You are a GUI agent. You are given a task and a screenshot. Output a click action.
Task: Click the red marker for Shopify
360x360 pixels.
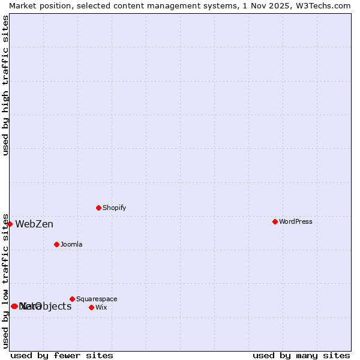[x=98, y=208]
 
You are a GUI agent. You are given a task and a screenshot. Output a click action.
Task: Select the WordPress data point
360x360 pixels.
[x=275, y=221]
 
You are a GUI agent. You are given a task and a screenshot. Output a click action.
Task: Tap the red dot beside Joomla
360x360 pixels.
[x=56, y=244]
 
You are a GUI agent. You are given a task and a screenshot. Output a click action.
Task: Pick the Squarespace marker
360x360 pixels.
[x=72, y=299]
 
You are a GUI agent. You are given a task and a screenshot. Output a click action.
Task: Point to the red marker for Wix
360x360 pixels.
[x=91, y=307]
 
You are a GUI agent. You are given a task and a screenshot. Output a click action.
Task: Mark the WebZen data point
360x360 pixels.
[x=10, y=224]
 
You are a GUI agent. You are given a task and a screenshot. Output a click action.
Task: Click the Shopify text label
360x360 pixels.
[x=114, y=208]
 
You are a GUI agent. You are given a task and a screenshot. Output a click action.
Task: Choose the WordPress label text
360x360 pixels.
[x=295, y=221]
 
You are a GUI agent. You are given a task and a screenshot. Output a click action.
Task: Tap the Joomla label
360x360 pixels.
[x=71, y=244]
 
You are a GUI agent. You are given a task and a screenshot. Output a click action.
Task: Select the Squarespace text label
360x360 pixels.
[x=97, y=299]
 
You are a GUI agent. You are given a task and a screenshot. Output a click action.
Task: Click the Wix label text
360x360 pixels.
[x=101, y=307]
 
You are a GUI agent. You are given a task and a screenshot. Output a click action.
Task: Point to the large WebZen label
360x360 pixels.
[x=34, y=224]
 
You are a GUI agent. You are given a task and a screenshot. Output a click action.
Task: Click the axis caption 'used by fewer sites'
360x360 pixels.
[x=62, y=355]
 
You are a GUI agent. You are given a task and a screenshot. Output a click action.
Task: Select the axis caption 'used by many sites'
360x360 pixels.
[x=301, y=355]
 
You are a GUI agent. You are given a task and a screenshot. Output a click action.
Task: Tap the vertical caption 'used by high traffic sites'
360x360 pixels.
[x=5, y=85]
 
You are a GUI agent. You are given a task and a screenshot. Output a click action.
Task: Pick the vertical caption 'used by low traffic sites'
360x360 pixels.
[x=5, y=280]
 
